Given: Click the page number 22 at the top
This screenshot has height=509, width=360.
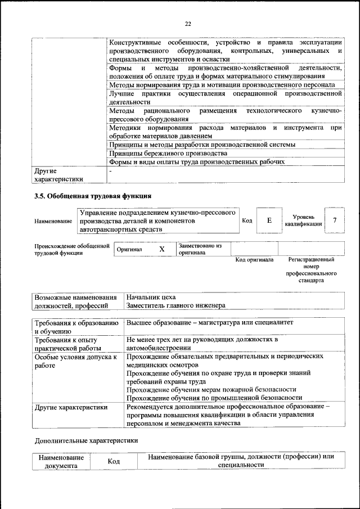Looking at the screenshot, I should [188, 23].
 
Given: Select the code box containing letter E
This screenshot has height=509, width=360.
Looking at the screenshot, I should [269, 221].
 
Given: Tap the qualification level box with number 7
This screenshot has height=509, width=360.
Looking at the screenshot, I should [335, 220].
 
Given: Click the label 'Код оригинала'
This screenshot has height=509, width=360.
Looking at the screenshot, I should [254, 260].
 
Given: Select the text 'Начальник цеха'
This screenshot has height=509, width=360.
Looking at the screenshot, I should [151, 296].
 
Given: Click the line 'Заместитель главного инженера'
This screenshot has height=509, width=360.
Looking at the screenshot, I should [175, 305].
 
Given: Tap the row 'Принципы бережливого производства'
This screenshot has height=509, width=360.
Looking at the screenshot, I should [168, 153].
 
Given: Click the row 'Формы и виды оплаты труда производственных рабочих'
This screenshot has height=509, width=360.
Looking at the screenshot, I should [197, 162].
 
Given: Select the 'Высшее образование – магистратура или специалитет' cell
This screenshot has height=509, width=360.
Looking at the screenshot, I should [210, 323].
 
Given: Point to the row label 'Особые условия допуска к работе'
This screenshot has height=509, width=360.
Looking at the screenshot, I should [75, 361].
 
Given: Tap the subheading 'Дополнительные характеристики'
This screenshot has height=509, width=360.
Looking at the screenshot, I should [86, 440].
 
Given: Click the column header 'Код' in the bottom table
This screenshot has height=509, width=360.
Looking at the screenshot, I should [115, 461].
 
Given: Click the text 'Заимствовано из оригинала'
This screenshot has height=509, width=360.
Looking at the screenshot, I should [201, 249].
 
